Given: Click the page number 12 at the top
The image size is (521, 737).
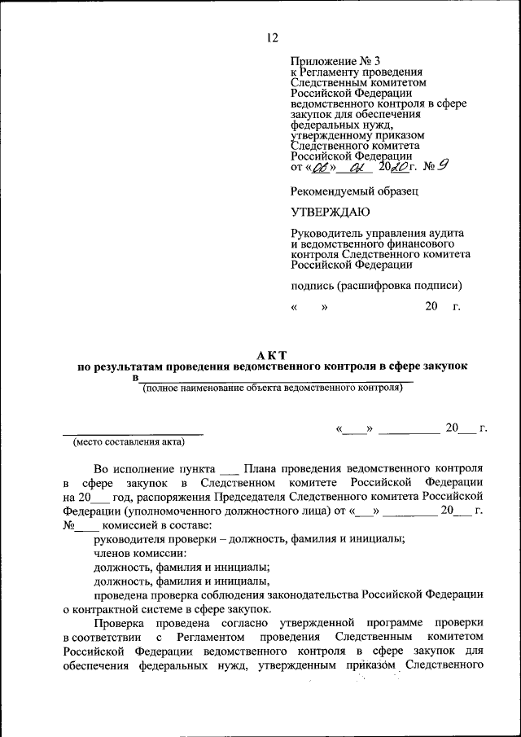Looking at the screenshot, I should [x=272, y=37].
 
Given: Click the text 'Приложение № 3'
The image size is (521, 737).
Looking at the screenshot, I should [x=334, y=62].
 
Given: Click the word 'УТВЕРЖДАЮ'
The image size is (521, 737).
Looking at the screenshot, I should [x=330, y=213].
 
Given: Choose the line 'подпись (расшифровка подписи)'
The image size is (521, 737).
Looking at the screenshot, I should [x=376, y=285].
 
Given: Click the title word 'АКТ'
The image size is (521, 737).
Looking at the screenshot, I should [x=272, y=354].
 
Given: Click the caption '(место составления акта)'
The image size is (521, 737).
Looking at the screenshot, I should [x=129, y=442].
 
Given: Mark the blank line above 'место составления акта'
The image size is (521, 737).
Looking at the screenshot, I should [x=134, y=432].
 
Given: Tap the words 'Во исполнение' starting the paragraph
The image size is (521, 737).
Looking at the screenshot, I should [x=131, y=470].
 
